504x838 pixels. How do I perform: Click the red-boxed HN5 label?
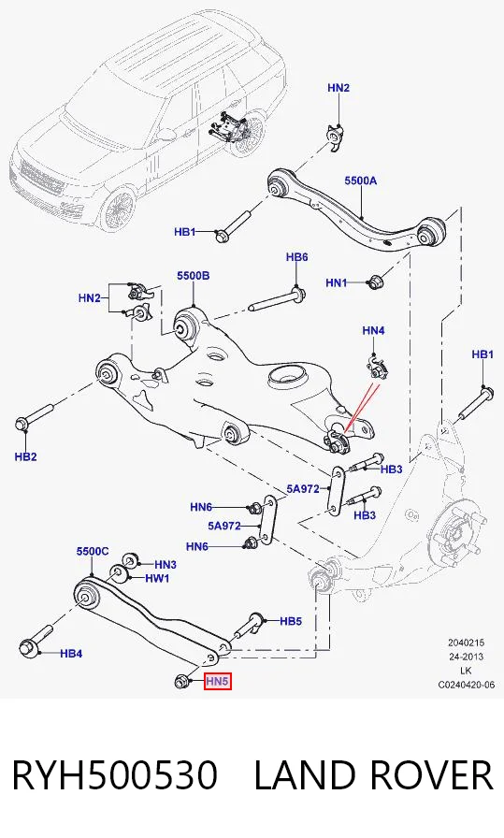coord(218,681)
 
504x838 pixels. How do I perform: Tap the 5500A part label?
coord(360,181)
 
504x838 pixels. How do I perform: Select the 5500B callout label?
coord(194,276)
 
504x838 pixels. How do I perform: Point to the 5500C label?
coord(93,551)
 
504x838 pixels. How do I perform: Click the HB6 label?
coord(296,257)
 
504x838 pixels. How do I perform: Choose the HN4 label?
coord(373,330)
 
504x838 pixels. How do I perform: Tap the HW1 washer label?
coord(157,578)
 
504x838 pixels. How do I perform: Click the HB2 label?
coord(25,456)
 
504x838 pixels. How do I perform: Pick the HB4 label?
coord(71,653)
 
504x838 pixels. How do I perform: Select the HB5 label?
coord(291,621)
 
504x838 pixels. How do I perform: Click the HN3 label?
coord(166,564)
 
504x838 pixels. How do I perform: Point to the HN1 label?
coord(337,282)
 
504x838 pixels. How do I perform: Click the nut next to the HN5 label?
coord(181,681)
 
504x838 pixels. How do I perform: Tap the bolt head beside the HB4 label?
coord(27,647)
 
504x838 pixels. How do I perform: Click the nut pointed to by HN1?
coord(374,282)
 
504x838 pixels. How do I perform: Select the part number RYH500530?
coord(114,775)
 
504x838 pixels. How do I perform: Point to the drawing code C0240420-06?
coord(466,685)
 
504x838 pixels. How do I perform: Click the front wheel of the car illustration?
coord(119,208)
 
